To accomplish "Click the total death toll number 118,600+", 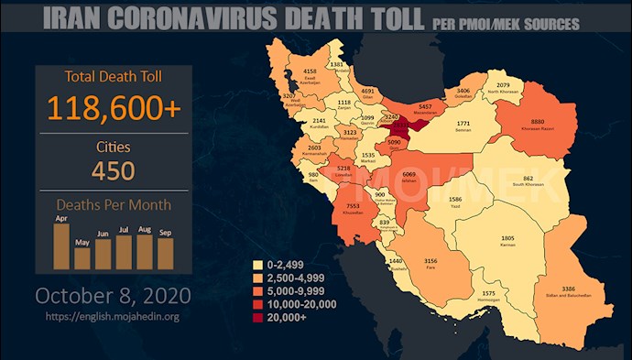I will pyautogui.click(x=114, y=107).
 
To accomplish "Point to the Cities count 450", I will pyautogui.click(x=114, y=170).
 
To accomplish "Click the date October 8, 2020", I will pyautogui.click(x=113, y=296).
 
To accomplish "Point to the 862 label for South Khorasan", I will pyautogui.click(x=528, y=178).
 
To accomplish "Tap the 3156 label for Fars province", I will pyautogui.click(x=429, y=262).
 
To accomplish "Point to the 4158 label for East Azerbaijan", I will pyautogui.click(x=310, y=70).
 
